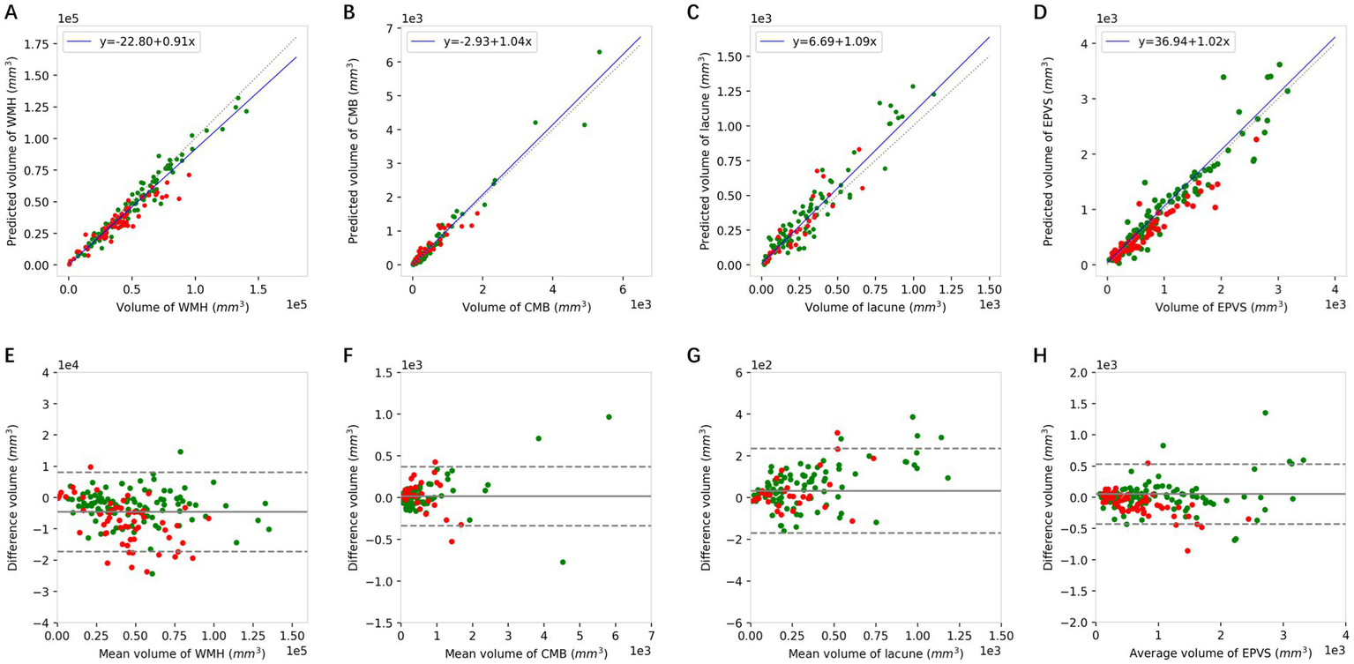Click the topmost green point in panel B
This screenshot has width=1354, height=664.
click(x=599, y=51)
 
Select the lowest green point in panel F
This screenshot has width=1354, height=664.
click(x=562, y=562)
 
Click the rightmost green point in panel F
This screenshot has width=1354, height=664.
click(x=609, y=416)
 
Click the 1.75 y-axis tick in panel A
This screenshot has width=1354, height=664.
click(x=37, y=43)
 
